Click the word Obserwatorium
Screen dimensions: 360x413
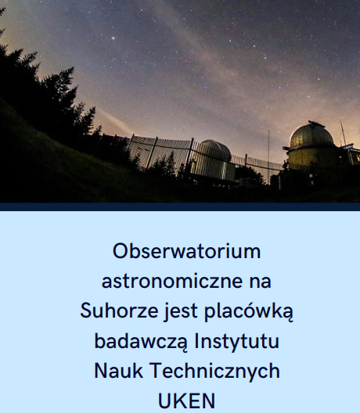[x=186, y=251]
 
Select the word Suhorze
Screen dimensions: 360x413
[x=119, y=311]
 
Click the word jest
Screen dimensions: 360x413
[x=181, y=312]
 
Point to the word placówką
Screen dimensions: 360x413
[x=249, y=312]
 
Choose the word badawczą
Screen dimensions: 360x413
[x=142, y=341]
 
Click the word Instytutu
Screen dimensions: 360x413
[x=236, y=341]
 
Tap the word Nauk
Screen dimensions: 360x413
[x=118, y=371]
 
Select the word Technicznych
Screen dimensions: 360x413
[x=214, y=372]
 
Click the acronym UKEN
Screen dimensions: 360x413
[x=186, y=401]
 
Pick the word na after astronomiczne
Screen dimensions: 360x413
[x=261, y=282]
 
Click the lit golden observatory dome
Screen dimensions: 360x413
[x=311, y=135]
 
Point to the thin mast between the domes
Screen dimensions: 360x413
[x=268, y=156]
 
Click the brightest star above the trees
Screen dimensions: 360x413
[x=113, y=38]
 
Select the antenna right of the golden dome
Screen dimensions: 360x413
[x=343, y=134]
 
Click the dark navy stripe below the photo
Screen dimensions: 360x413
[x=180, y=206]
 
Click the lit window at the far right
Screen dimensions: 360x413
[x=358, y=158]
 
